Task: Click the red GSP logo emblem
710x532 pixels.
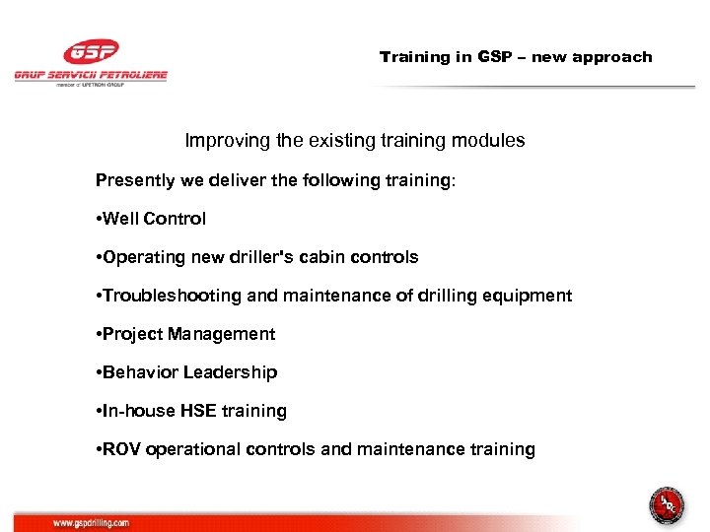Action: click(90, 52)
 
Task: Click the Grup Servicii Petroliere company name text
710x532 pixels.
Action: click(91, 75)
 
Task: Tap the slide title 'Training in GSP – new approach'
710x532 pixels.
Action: click(516, 57)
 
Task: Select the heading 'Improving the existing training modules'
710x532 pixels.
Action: click(355, 141)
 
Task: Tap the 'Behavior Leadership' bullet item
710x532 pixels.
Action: click(190, 372)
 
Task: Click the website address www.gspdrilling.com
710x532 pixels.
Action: click(92, 524)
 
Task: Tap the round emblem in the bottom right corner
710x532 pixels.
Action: click(667, 506)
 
